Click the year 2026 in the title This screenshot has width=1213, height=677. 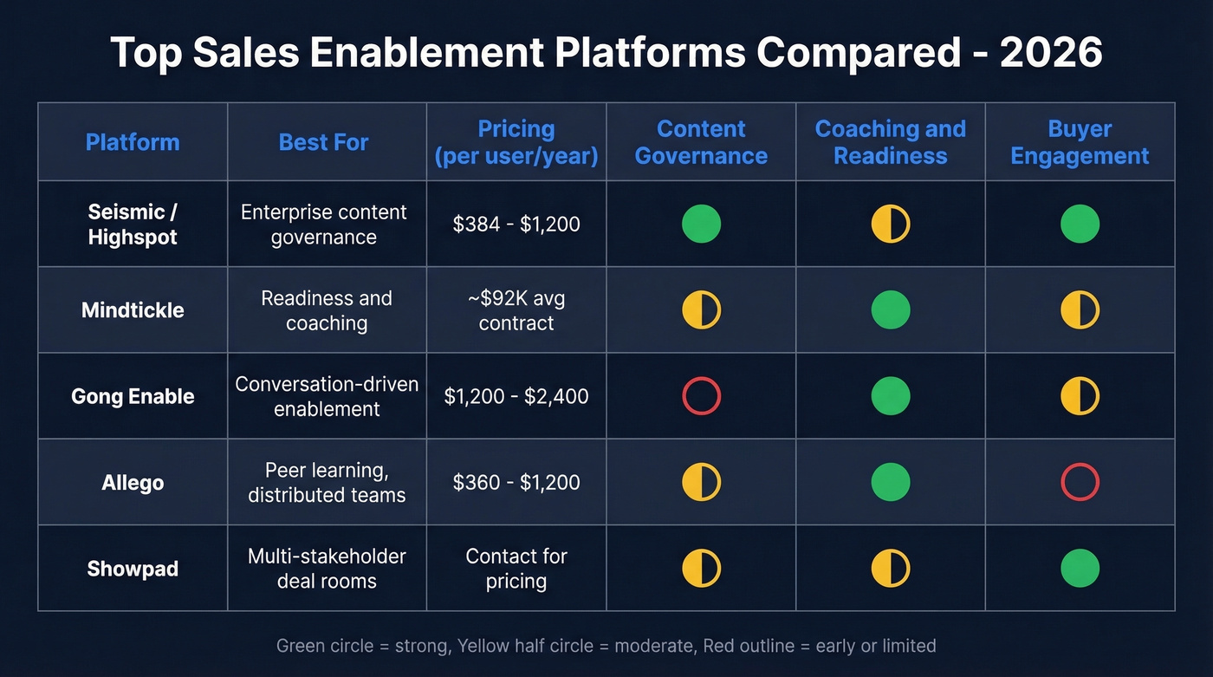pyautogui.click(x=1050, y=54)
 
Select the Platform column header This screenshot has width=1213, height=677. pyautogui.click(x=133, y=142)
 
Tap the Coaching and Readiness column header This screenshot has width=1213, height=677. pyautogui.click(x=890, y=142)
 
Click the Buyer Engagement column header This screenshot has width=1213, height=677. pyautogui.click(x=1080, y=142)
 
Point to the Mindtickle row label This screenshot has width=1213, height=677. pyautogui.click(x=133, y=310)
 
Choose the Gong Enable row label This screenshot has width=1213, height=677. pyautogui.click(x=133, y=396)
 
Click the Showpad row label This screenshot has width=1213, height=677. pyautogui.click(x=133, y=569)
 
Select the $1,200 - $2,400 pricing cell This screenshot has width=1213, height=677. pyautogui.click(x=516, y=396)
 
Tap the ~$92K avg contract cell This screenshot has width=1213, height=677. pyautogui.click(x=516, y=310)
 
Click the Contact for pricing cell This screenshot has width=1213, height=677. pyautogui.click(x=516, y=569)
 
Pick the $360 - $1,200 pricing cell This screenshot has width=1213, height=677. pyautogui.click(x=516, y=482)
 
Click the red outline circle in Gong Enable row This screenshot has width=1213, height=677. pyautogui.click(x=701, y=396)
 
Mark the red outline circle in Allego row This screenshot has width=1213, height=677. pyautogui.click(x=1080, y=482)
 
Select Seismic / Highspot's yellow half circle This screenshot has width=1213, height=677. pyautogui.click(x=890, y=225)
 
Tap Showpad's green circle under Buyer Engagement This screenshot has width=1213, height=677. pyautogui.click(x=1080, y=569)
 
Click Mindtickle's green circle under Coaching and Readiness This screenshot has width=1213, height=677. pyautogui.click(x=890, y=310)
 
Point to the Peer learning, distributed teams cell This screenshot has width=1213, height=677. pyautogui.click(x=327, y=482)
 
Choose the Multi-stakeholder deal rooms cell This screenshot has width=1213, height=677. pyautogui.click(x=327, y=569)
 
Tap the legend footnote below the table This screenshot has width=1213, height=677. pyautogui.click(x=606, y=646)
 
